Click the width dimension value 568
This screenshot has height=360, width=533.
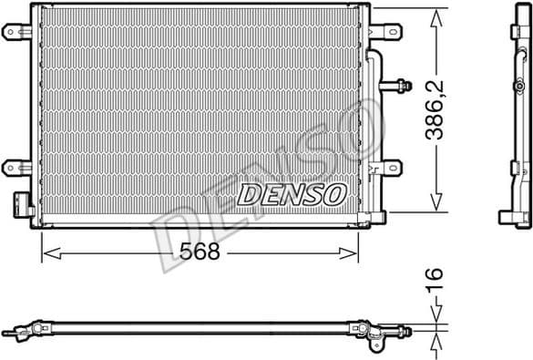click(x=200, y=252)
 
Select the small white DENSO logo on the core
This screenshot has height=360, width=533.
click(x=292, y=193)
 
